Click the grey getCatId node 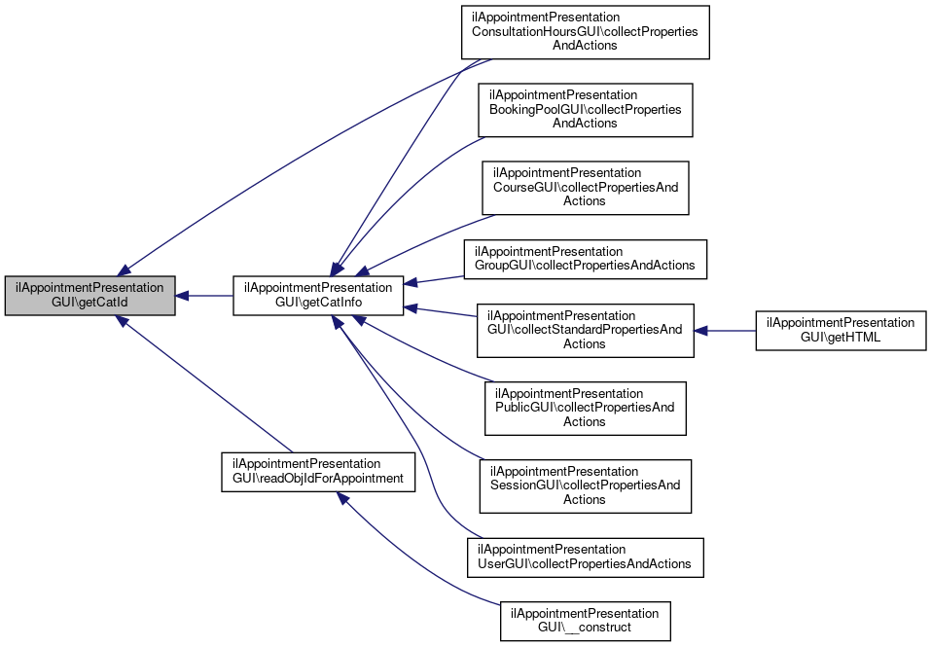[x=90, y=296]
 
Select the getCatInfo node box [x=318, y=296]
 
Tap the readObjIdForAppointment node [x=319, y=471]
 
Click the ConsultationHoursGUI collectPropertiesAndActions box [x=585, y=32]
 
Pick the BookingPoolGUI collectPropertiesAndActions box [x=585, y=109]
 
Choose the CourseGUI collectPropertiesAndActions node [x=585, y=188]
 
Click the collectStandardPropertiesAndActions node [x=585, y=330]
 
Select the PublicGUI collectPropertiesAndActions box [x=585, y=408]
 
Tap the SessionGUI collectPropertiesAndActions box [x=585, y=485]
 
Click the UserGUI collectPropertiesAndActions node [x=585, y=557]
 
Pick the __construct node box [x=585, y=621]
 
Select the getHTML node [x=841, y=330]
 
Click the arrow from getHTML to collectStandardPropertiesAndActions [x=725, y=331]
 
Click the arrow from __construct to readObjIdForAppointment [x=418, y=555]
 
